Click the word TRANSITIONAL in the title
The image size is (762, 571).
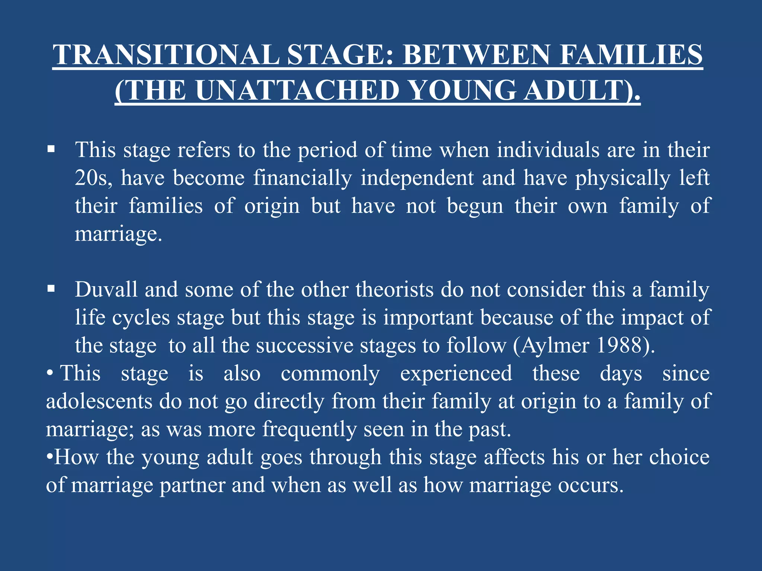click(166, 55)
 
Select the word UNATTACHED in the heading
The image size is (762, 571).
click(297, 90)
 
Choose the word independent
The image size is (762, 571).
click(417, 178)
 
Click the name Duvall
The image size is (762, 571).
click(106, 289)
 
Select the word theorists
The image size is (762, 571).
click(394, 289)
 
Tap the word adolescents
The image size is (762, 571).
click(99, 401)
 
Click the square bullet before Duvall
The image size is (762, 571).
click(51, 289)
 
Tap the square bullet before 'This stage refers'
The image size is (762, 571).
click(51, 149)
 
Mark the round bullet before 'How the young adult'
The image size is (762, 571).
click(49, 457)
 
